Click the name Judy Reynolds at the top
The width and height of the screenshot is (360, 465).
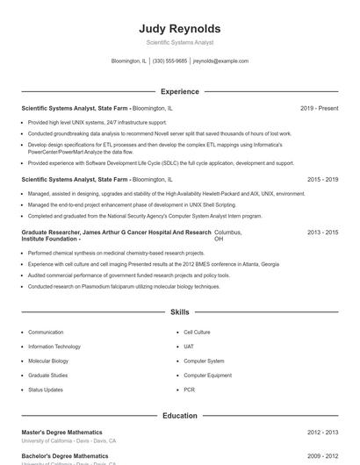tap(179, 28)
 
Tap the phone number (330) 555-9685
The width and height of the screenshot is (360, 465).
tap(169, 61)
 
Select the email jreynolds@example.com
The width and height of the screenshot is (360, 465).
tap(220, 61)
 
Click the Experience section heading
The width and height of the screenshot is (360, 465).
tap(179, 91)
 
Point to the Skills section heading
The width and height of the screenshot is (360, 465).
tap(179, 311)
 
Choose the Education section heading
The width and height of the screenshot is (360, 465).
tap(179, 415)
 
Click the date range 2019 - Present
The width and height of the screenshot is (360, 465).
tap(319, 108)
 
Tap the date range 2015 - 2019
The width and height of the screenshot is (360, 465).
tap(322, 179)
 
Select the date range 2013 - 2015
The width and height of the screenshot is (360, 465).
tap(322, 232)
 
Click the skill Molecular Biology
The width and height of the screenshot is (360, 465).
tap(48, 361)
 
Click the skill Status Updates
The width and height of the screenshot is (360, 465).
tap(46, 389)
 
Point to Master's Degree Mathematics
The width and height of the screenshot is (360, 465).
tap(61, 433)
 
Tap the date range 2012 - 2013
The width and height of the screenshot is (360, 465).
tap(322, 433)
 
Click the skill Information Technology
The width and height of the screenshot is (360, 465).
tap(54, 347)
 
